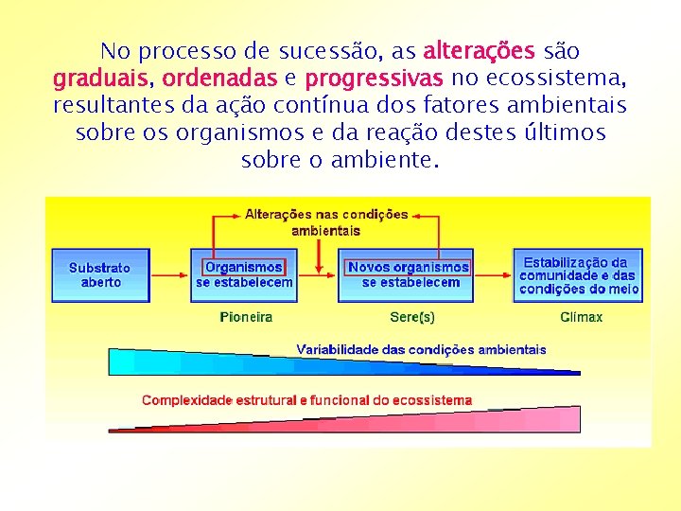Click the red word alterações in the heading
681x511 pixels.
tap(480, 50)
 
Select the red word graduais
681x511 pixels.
tap(98, 77)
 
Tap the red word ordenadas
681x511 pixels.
tap(219, 77)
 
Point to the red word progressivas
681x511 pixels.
tap(375, 77)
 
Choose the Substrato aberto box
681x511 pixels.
tap(100, 274)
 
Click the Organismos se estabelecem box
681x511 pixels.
tap(244, 274)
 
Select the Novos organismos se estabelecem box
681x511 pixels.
tap(410, 274)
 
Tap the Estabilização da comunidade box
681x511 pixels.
tap(578, 274)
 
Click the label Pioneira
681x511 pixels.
tap(246, 317)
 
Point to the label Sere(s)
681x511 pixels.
tap(412, 317)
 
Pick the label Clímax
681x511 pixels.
tap(581, 317)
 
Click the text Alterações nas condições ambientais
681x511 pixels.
tap(326, 221)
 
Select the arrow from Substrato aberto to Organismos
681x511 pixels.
tap(170, 275)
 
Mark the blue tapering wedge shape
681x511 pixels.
tap(236, 362)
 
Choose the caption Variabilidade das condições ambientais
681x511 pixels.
tap(421, 349)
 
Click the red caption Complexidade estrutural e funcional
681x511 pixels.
tap(306, 400)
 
